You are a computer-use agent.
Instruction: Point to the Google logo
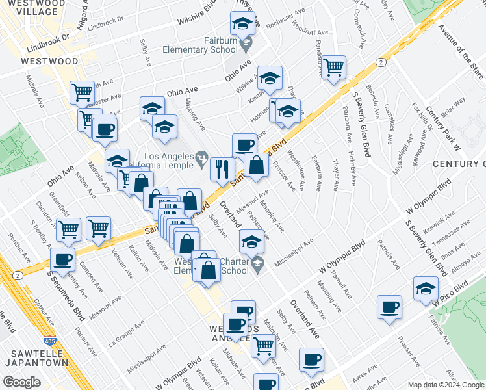pyautogui.click(x=21, y=382)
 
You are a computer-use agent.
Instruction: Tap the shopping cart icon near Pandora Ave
pyautogui.click(x=333, y=66)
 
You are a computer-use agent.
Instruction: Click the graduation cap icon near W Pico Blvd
pyautogui.click(x=426, y=287)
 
